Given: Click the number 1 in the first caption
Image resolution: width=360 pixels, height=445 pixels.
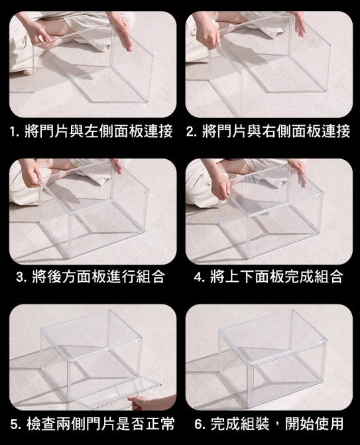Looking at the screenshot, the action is [x=12, y=132].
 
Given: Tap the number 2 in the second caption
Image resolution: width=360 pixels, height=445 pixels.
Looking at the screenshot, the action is [x=190, y=132].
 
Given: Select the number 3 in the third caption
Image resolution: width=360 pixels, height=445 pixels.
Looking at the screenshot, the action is [x=20, y=277].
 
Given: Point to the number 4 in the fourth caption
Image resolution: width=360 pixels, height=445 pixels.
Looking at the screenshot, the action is [x=198, y=277].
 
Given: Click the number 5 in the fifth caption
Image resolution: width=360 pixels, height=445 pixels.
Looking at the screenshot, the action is [x=14, y=424].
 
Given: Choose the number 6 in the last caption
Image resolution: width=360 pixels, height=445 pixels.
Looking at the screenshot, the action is [x=198, y=424].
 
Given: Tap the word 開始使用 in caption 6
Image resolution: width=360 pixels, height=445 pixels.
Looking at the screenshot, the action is [x=314, y=424].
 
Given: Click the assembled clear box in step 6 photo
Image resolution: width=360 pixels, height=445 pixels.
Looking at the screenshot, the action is [x=272, y=358].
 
